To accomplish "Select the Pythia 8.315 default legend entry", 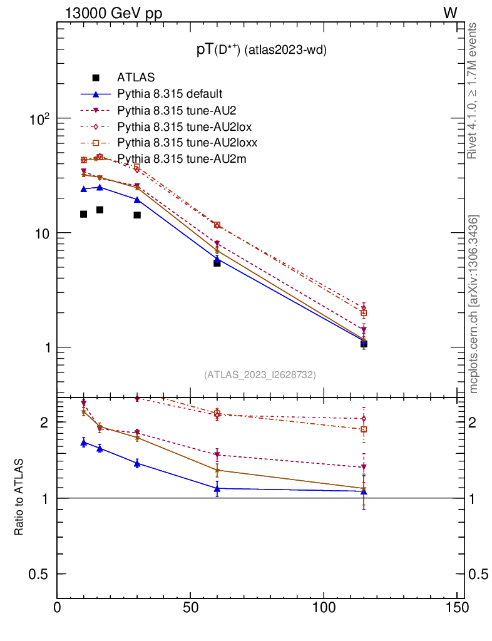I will (x=170, y=94).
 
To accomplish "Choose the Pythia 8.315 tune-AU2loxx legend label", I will (x=187, y=143).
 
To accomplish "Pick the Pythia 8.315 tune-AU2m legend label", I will (x=182, y=159).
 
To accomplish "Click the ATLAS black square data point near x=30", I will (x=137, y=215).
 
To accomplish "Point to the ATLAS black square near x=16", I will (x=100, y=210).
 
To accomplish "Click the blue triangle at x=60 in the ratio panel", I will (x=217, y=488).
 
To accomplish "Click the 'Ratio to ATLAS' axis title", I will (x=19, y=498).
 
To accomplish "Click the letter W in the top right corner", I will (x=450, y=13).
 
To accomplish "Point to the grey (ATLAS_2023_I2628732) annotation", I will (x=260, y=374).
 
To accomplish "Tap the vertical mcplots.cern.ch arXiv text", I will (x=474, y=304).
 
